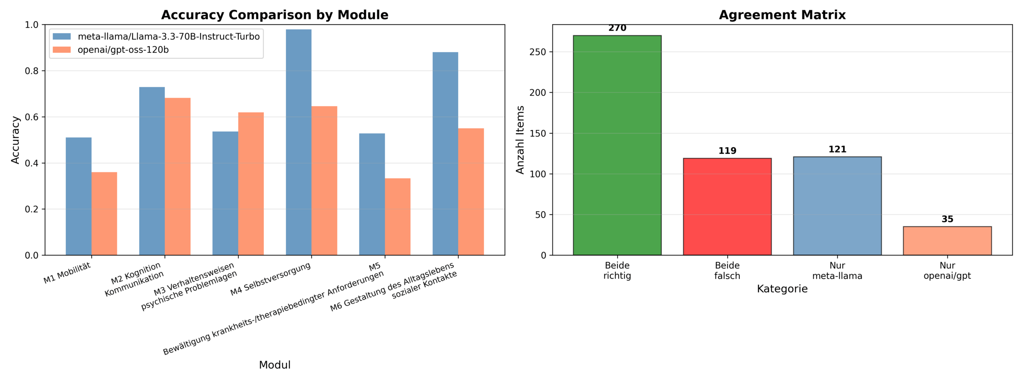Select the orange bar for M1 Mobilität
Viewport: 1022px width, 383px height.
coord(104,213)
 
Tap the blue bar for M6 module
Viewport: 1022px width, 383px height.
coord(445,154)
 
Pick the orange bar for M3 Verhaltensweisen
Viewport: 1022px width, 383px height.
coord(251,184)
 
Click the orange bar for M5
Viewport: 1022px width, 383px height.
coord(397,217)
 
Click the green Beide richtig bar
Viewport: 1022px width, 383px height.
coord(617,146)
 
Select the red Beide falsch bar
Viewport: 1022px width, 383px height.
coord(727,207)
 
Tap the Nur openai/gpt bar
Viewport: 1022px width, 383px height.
coord(947,241)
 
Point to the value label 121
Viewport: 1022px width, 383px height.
coord(837,149)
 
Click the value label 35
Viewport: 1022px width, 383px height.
coord(947,219)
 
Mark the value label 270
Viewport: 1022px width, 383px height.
coord(617,28)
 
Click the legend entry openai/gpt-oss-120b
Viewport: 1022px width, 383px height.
coord(123,50)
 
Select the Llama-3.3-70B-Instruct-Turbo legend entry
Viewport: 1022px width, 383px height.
coord(168,37)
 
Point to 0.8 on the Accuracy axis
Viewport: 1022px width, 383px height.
coord(32,71)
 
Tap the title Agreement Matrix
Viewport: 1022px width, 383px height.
coord(782,15)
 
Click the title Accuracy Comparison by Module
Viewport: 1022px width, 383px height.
coord(275,15)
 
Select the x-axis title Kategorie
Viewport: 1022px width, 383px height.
coord(782,289)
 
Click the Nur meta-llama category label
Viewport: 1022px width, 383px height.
coord(837,270)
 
